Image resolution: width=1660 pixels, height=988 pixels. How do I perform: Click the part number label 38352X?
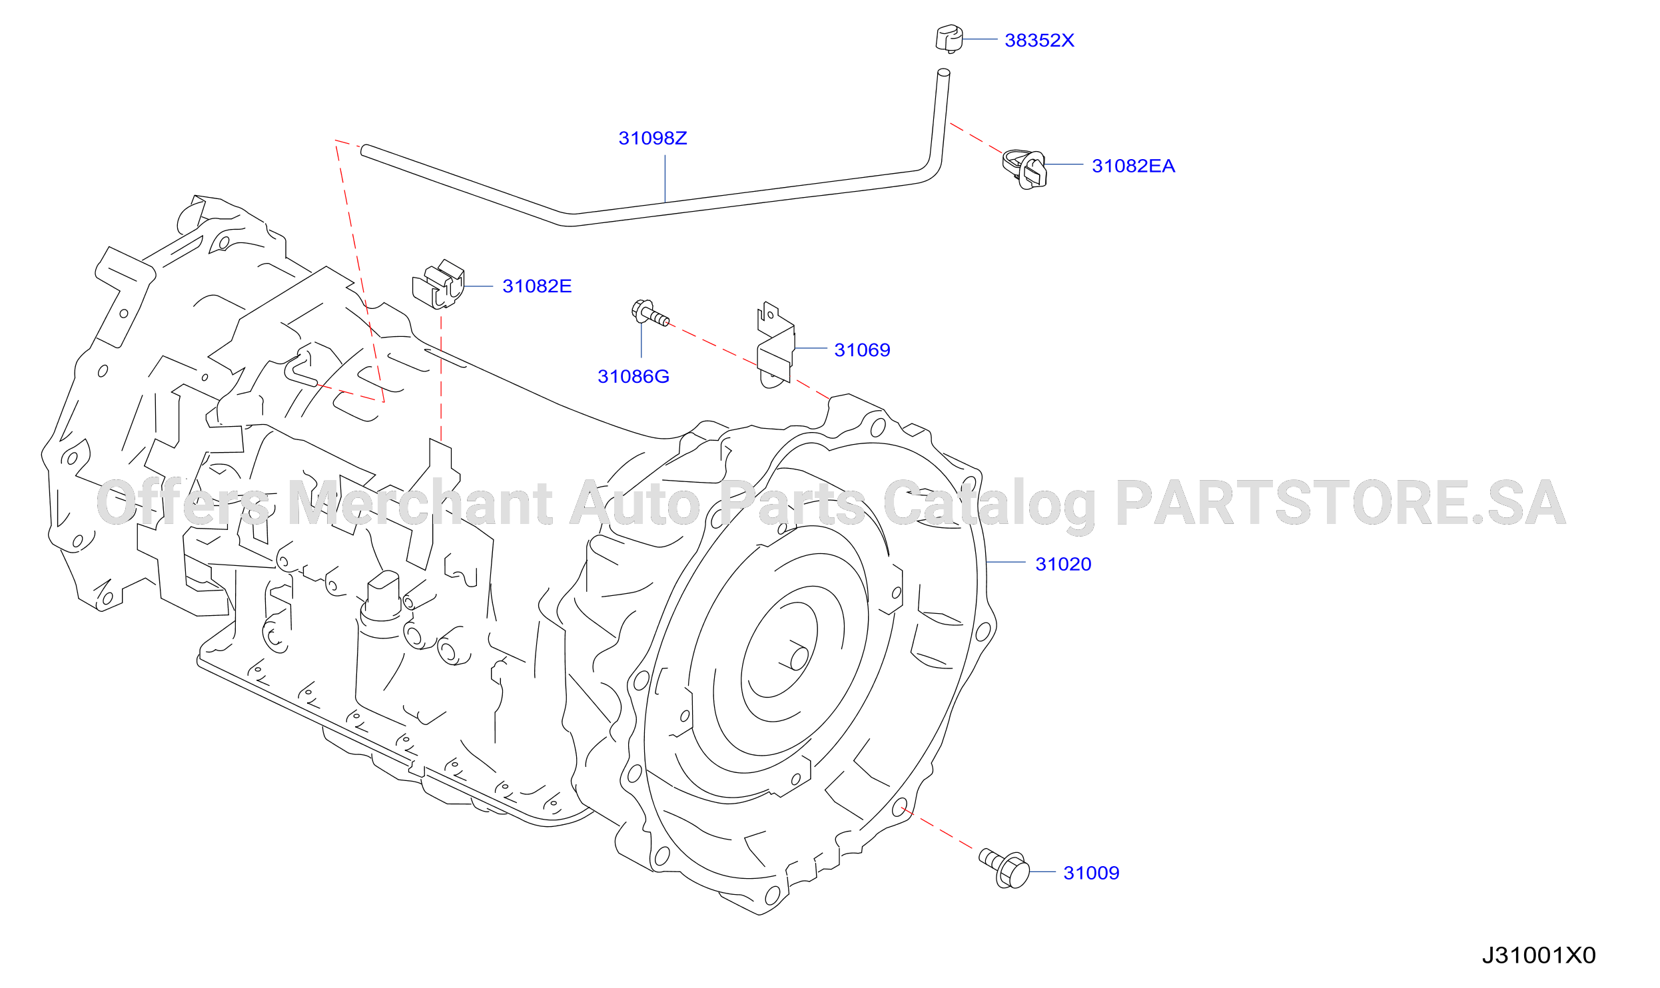(1039, 40)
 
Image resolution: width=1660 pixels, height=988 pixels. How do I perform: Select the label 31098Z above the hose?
(653, 138)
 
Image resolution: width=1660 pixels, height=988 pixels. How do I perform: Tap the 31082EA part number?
(1133, 166)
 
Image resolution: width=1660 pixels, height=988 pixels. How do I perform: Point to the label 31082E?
(537, 286)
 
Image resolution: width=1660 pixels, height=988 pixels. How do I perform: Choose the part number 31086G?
(633, 377)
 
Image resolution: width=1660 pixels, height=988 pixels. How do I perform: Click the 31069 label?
(862, 350)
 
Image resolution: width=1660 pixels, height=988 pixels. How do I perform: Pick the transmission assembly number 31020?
(1063, 565)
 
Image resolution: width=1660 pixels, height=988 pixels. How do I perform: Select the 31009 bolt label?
(1091, 873)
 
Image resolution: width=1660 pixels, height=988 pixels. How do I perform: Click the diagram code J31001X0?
(1539, 956)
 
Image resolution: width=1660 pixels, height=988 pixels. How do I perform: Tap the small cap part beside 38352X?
(949, 39)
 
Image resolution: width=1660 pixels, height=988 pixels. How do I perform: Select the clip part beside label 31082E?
(438, 285)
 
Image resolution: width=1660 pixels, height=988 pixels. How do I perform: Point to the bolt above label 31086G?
(650, 314)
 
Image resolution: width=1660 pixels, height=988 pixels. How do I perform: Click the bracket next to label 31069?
(775, 345)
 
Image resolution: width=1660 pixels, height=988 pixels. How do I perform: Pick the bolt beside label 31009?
(1005, 868)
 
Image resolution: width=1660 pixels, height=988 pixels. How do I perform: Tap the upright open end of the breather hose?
(943, 73)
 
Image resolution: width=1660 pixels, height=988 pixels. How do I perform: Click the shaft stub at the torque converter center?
(795, 656)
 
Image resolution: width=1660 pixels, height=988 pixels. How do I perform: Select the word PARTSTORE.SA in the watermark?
(1341, 502)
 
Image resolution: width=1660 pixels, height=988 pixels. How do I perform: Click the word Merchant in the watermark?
(420, 503)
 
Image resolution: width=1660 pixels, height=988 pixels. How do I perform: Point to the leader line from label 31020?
(1006, 563)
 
